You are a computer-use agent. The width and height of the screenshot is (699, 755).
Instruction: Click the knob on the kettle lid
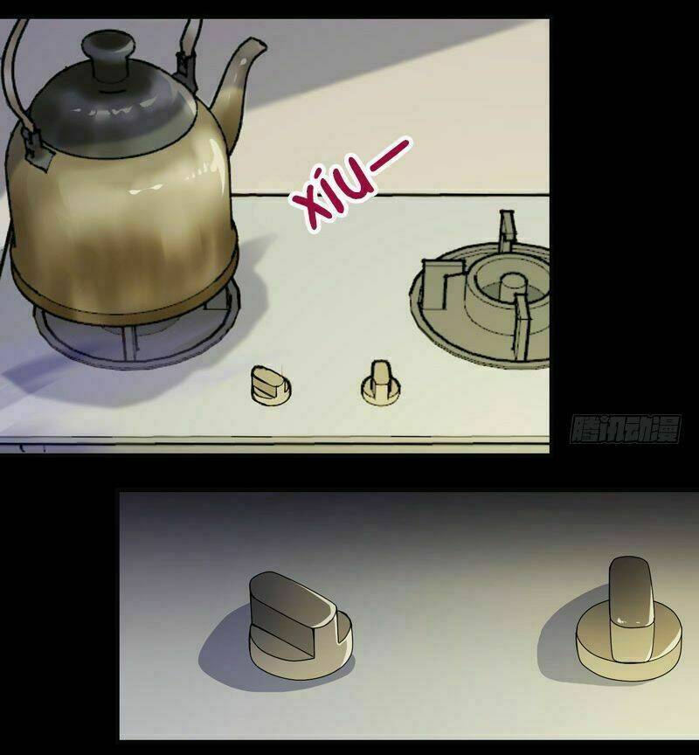tap(107, 54)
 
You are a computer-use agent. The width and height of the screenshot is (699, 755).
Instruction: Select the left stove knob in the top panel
tap(271, 384)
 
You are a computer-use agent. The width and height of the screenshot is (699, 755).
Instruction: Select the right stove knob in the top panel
tap(381, 383)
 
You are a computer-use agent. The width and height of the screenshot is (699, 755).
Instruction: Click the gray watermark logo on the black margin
tap(625, 429)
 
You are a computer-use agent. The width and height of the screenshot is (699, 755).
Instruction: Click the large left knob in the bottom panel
tap(300, 625)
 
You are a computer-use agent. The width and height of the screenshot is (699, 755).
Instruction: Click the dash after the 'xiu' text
tap(390, 156)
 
